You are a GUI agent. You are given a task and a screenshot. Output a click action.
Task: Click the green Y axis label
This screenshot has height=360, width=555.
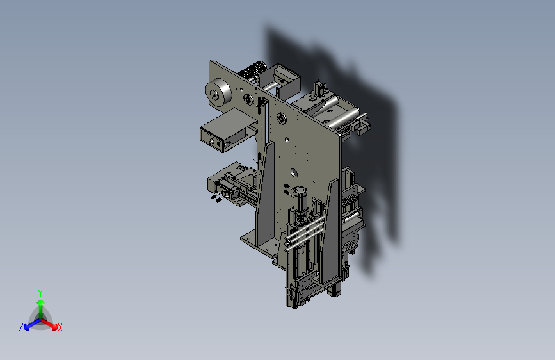40,293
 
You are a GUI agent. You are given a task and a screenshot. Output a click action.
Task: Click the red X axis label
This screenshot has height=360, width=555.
60,327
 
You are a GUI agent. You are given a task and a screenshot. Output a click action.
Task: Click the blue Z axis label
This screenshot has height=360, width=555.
21,327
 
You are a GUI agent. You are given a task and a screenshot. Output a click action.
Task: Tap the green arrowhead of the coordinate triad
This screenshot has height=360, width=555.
41,302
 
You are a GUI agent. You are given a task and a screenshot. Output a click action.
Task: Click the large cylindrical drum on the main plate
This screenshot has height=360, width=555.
218,92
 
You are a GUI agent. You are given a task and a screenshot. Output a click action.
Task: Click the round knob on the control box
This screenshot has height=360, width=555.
212,142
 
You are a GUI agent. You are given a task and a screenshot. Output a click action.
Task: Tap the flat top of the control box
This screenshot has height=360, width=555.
229,120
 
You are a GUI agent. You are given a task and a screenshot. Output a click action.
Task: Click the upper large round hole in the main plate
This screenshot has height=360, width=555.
287,141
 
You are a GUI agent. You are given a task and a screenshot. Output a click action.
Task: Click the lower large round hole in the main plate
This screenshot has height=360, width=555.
294,173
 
